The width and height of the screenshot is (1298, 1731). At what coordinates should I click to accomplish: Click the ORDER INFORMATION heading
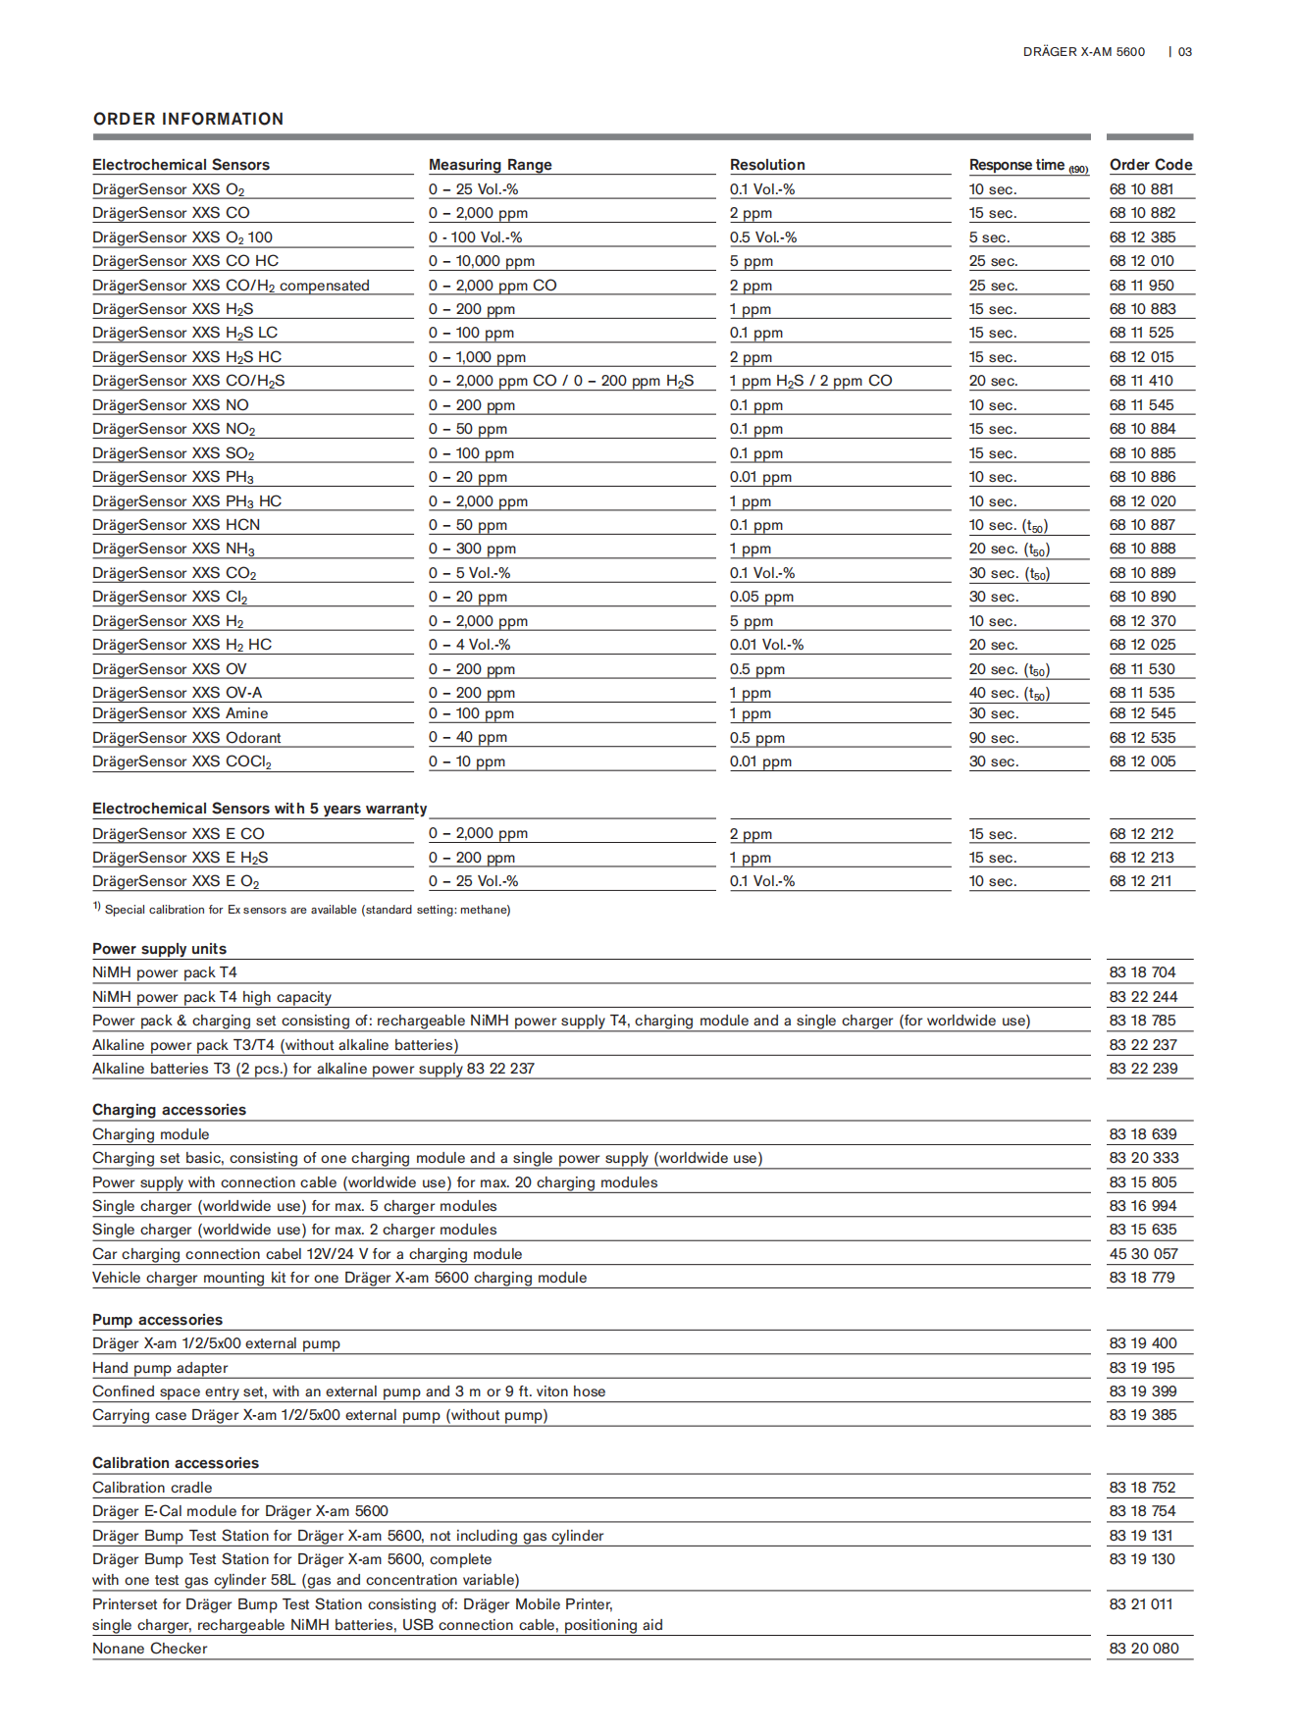click(188, 119)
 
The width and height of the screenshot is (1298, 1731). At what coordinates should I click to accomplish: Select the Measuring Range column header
click(490, 165)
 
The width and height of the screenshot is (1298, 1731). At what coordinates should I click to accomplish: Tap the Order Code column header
click(1150, 165)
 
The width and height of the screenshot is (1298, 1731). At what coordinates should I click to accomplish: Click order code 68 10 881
click(1141, 189)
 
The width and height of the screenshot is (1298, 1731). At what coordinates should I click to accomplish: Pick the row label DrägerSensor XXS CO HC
click(185, 261)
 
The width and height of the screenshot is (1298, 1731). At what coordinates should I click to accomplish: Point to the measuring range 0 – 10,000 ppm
click(481, 261)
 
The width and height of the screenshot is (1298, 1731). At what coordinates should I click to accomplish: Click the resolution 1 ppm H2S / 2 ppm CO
click(810, 381)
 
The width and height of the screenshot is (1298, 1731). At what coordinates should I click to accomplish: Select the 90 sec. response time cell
click(993, 738)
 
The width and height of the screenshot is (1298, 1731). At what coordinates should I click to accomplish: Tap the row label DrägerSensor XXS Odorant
click(186, 738)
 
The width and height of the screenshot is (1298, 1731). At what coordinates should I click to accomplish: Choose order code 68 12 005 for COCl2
click(1142, 761)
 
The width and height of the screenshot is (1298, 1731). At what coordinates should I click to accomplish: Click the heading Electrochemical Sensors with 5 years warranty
click(259, 809)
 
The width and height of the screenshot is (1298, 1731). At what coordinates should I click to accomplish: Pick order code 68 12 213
click(1141, 858)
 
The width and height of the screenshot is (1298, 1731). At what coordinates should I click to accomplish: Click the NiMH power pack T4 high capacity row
click(212, 997)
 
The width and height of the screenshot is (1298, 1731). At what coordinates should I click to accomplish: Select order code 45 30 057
click(1143, 1254)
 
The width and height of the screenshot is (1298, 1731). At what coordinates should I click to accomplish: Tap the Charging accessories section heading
click(169, 1110)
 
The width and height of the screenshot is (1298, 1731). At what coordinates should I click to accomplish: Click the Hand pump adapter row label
click(160, 1368)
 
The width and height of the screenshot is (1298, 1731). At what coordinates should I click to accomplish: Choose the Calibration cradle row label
click(152, 1488)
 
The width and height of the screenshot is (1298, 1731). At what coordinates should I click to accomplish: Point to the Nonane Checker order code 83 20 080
click(1143, 1649)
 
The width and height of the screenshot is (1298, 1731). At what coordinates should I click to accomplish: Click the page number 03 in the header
click(1185, 52)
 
